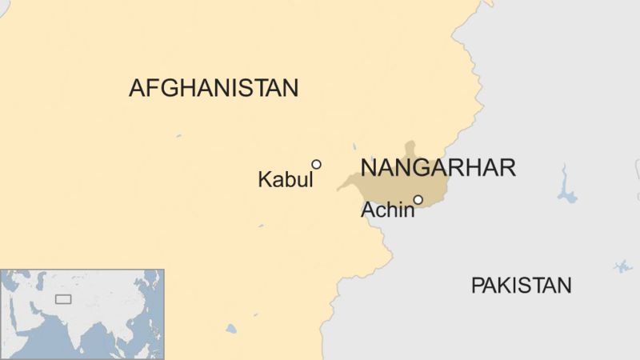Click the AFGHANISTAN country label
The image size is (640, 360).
pos(214,88)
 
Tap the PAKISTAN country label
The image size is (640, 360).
pos(521,286)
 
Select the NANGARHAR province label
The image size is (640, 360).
pos(438,168)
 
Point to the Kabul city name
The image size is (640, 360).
pos(285,180)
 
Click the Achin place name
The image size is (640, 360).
pos(388,210)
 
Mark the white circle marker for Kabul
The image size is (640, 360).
pos(316,164)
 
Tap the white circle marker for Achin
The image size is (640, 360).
pos(418,199)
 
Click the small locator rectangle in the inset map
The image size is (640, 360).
pos(62,299)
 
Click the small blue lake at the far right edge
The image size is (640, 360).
pos(622,266)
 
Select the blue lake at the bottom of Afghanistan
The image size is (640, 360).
pos(231,329)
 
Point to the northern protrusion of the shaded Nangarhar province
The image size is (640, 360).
pos(410,151)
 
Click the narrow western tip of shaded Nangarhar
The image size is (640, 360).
pos(342,189)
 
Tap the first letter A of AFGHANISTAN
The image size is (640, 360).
pos(137,88)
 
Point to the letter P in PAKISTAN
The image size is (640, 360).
pos(477,286)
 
